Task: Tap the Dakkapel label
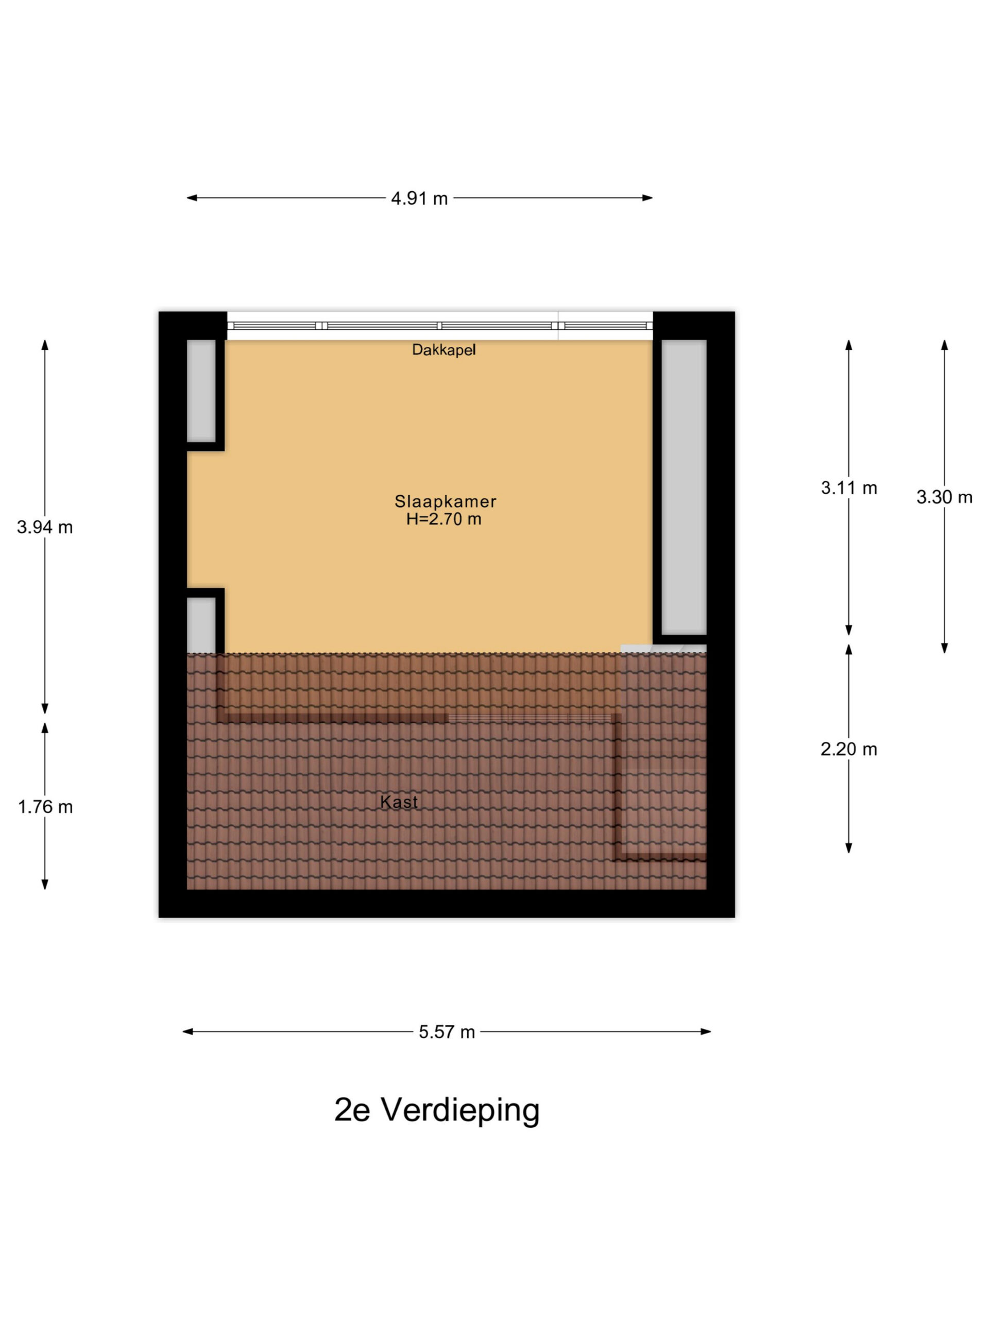click(444, 349)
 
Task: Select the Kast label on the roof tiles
click(398, 802)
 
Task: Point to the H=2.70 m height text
click(444, 519)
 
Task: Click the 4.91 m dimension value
click(419, 198)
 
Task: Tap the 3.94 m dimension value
click(45, 527)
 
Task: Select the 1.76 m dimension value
click(45, 807)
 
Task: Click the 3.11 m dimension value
click(849, 488)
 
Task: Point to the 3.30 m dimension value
click(944, 497)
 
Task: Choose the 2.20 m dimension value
click(849, 749)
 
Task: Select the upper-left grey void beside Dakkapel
click(201, 391)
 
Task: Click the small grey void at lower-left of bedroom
click(201, 625)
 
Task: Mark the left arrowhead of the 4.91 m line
click(192, 198)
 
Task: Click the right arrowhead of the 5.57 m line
click(706, 1031)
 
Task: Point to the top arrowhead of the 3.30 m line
click(944, 345)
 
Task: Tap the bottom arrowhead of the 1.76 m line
click(45, 884)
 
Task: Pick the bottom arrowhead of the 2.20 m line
click(849, 848)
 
